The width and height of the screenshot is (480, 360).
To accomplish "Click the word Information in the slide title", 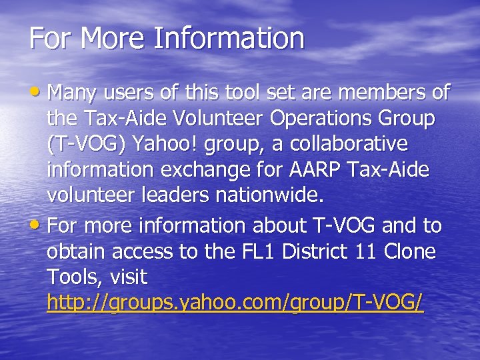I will click(229, 38).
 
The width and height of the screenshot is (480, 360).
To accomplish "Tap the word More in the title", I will click(114, 38).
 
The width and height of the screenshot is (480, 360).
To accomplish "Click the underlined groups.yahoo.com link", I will click(235, 304).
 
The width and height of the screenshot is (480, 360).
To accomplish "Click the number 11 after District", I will click(377, 252).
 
